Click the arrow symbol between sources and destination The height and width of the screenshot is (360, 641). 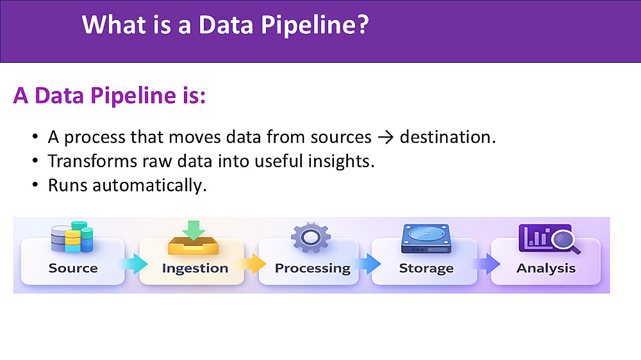385,138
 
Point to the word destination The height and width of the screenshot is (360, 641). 447,137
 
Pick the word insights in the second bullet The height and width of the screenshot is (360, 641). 341,161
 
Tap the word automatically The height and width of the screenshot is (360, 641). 149,186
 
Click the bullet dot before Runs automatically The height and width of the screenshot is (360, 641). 35,185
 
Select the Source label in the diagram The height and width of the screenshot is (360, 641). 73,268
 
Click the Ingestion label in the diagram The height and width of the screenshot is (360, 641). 195,268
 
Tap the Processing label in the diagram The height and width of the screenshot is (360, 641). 313,268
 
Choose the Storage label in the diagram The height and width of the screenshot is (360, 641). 426,268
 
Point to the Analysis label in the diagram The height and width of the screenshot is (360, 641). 546,268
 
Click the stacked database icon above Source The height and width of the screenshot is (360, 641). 72,237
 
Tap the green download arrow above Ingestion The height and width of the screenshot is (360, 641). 194,230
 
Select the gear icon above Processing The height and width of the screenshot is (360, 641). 311,237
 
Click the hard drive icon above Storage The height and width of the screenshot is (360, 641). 426,239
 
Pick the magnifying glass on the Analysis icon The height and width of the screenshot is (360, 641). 565,241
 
